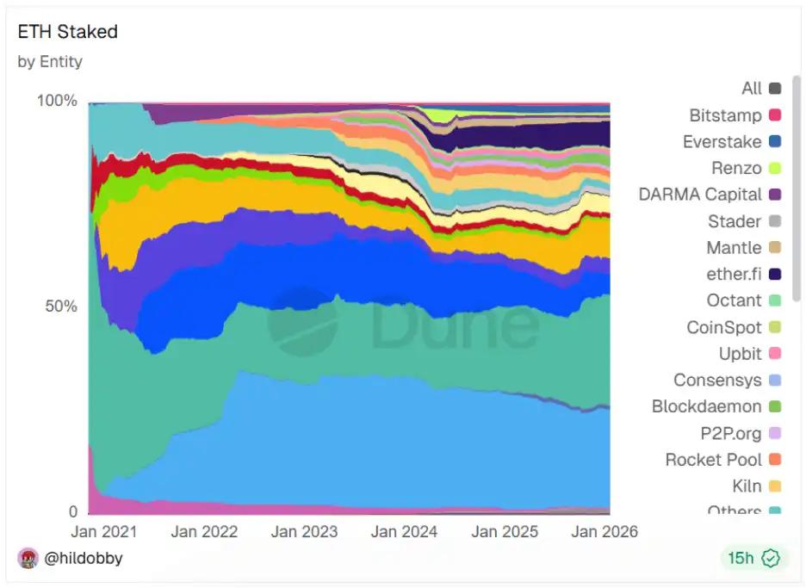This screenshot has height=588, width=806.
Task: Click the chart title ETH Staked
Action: pos(67,32)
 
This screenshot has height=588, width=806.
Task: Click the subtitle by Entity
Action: pos(50,62)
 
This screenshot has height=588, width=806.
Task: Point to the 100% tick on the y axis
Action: pos(58,101)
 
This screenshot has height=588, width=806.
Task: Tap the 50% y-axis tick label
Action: pos(61,306)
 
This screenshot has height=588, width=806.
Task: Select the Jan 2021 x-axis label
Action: pos(103,531)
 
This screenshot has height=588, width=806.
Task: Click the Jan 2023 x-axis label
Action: pos(304,531)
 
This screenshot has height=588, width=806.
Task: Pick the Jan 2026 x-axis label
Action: pos(604,531)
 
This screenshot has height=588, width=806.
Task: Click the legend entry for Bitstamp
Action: pos(725,115)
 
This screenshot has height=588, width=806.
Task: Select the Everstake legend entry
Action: pos(722,142)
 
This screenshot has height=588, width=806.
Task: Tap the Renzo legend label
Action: pos(736,168)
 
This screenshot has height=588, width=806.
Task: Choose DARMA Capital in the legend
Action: pos(700,195)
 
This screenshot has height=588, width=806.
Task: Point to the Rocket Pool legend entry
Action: pos(713,460)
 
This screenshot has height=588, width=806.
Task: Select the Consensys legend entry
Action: pos(717,380)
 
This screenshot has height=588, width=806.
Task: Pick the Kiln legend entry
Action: pos(747,486)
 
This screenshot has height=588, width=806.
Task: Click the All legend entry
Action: pos(751,89)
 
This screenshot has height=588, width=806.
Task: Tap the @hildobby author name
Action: pos(84,558)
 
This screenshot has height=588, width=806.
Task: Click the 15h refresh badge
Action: pos(753,558)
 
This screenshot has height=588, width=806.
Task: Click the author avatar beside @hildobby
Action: pos(28,558)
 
